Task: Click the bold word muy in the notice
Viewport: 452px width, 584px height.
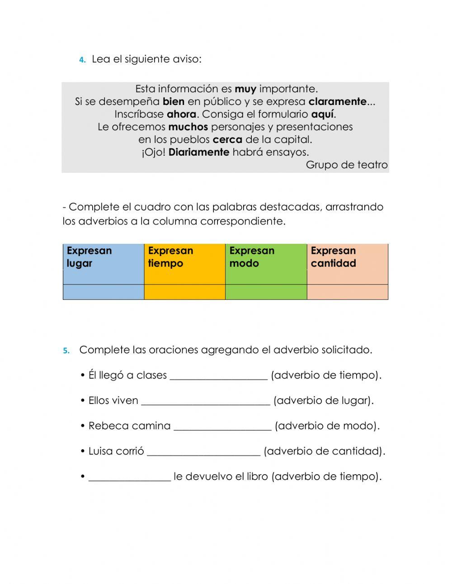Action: (245, 89)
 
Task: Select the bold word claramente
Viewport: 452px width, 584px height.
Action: (338, 102)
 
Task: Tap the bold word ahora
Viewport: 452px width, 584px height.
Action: (181, 114)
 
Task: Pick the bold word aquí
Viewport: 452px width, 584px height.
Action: (322, 114)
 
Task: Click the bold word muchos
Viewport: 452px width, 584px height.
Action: (188, 127)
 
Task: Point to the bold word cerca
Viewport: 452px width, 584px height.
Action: (227, 140)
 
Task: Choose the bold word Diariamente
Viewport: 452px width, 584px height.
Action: (199, 152)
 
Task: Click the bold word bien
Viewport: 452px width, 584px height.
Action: (174, 102)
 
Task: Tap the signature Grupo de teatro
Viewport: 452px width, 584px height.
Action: (347, 165)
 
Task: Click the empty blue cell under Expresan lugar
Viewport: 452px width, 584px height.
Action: (103, 292)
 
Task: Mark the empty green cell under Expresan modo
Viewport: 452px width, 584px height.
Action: (266, 292)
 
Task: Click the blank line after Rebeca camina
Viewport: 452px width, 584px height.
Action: (222, 426)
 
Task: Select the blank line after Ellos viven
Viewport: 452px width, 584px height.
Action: (206, 401)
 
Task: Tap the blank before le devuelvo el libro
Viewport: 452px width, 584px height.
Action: (130, 477)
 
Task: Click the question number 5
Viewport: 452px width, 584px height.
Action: (66, 351)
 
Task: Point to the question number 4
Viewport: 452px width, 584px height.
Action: (82, 60)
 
